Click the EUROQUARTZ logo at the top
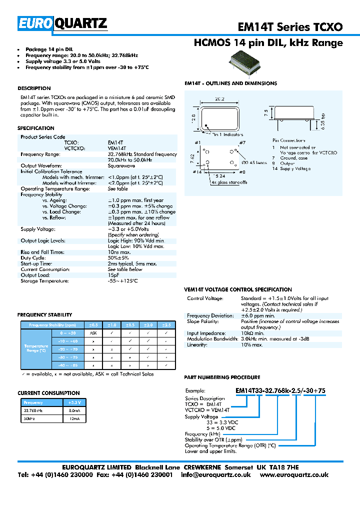click(x=62, y=23)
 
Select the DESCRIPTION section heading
click(x=34, y=88)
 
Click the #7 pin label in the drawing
click(x=242, y=143)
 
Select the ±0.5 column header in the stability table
click(x=93, y=324)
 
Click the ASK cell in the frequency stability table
click(x=93, y=332)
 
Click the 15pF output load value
click(x=114, y=275)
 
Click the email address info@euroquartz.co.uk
click(x=216, y=474)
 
